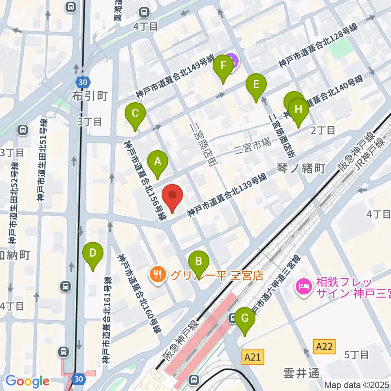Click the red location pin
172,196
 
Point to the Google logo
27,381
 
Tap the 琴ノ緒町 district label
301,168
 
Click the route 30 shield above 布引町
83,82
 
